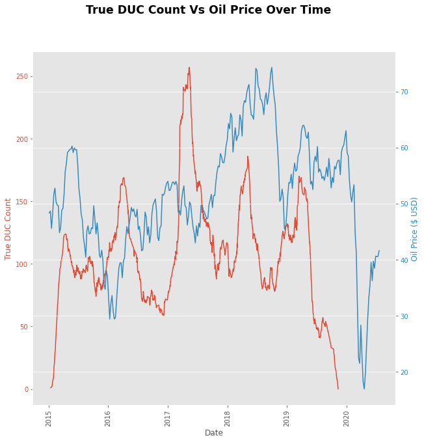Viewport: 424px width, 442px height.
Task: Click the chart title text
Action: [x=208, y=10]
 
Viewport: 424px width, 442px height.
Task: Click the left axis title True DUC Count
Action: [x=8, y=229]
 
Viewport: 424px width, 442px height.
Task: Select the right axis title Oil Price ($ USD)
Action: [x=414, y=229]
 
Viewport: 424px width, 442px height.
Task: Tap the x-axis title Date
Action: [x=214, y=433]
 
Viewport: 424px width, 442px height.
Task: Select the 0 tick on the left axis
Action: [x=27, y=389]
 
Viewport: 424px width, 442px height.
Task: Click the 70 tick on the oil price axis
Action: [x=404, y=92]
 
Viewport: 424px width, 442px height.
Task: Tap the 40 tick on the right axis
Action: [x=404, y=260]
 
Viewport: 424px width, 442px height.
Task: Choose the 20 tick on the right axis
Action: [x=404, y=372]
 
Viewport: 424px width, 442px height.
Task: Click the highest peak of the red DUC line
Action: [x=189, y=67]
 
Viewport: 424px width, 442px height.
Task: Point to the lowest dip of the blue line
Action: [x=364, y=389]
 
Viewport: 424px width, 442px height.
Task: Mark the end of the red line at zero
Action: [x=338, y=389]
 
